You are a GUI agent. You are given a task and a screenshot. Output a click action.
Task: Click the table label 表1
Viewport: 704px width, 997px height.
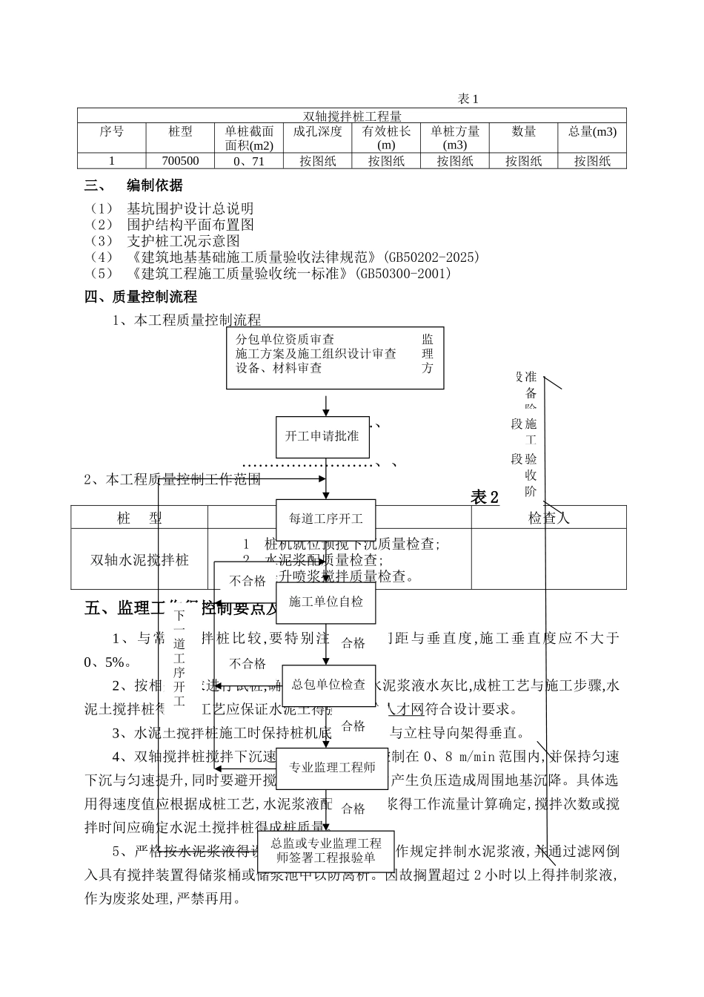pos(468,99)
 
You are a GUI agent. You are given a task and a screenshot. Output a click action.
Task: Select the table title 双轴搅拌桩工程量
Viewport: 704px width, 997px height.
pos(352,116)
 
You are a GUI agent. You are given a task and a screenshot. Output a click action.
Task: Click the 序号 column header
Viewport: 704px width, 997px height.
pos(112,132)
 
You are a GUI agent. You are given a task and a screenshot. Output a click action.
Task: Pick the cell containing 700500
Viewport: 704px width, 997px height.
pos(181,161)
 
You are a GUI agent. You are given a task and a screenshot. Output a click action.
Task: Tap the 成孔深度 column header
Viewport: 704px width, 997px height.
pos(318,132)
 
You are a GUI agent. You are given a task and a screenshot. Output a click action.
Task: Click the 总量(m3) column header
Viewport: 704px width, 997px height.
pos(592,132)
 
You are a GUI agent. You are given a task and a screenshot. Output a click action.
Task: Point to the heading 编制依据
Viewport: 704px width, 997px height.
pos(154,185)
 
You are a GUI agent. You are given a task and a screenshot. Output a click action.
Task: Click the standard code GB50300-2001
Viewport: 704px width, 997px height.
pos(404,273)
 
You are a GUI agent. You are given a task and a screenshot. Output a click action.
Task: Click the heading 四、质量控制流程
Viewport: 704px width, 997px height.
pos(141,297)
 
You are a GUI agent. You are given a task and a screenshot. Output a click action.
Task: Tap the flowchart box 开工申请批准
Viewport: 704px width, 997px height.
pos(322,436)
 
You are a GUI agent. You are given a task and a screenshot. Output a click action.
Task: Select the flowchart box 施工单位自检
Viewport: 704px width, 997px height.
pos(326,602)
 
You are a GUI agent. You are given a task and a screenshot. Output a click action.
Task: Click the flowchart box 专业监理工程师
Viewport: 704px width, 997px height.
pos(332,767)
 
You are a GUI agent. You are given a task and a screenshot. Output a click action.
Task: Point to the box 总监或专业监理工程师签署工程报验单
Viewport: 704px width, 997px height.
pos(326,851)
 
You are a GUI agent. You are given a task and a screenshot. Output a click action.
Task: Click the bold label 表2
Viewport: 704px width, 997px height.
pos(485,498)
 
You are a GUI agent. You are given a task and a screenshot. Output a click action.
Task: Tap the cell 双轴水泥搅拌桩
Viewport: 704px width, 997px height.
pos(139,559)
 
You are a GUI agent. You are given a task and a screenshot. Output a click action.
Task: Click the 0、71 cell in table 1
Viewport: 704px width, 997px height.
pos(249,161)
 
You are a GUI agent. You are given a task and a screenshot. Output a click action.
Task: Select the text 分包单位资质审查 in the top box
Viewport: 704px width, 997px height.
pos(285,340)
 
